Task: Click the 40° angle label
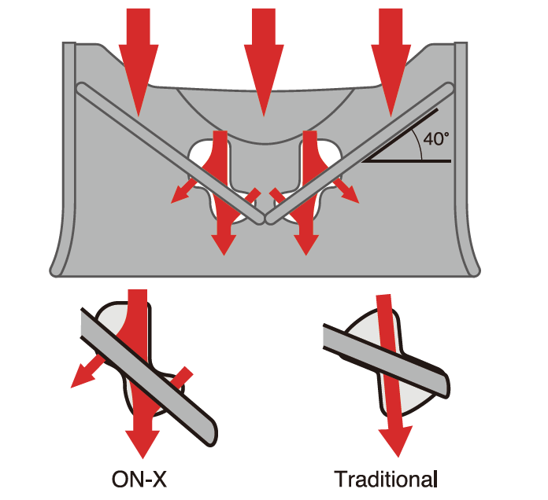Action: [436, 138]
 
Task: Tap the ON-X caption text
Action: [139, 479]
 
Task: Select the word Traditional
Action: [386, 479]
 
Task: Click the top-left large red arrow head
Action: [139, 80]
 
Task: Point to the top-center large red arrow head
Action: [264, 80]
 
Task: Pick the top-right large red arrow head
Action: [391, 80]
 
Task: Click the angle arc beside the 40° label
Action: [418, 144]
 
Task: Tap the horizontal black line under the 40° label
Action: [407, 161]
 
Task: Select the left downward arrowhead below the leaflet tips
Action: [224, 245]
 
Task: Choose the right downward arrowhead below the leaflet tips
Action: [306, 245]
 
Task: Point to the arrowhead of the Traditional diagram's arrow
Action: [396, 440]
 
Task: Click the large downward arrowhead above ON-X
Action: [143, 444]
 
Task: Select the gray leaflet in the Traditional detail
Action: [386, 361]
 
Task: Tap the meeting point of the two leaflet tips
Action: [265, 219]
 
